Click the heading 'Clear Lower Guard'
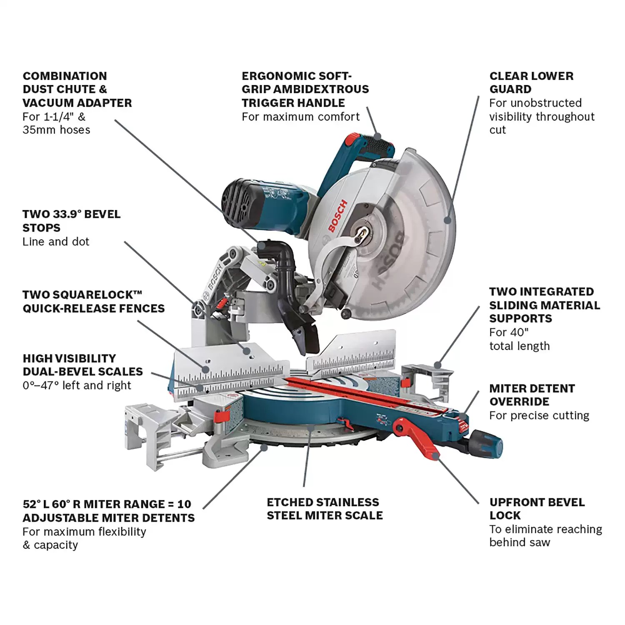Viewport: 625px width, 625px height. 531,82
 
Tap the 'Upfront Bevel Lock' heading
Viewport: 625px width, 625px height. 537,509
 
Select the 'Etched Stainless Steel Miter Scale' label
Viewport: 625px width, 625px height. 325,509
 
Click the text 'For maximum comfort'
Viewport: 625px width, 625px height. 300,117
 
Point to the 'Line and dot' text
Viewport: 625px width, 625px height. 56,242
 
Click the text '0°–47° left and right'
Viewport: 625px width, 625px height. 77,385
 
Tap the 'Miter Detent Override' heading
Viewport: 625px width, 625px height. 532,395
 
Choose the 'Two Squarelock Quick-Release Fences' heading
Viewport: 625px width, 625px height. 93,302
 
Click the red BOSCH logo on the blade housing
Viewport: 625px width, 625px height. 337,216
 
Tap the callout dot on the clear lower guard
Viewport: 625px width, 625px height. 447,220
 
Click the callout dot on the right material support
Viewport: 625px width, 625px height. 437,365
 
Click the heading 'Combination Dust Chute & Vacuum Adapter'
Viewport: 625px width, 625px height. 77,89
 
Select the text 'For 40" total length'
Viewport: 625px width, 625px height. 519,339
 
